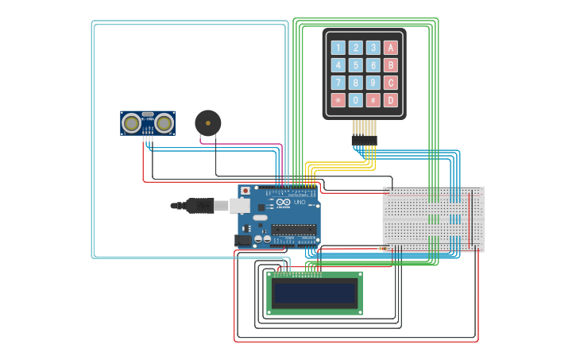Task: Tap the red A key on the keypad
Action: [390, 48]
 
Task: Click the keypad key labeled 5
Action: [356, 65]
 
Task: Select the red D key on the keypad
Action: [390, 100]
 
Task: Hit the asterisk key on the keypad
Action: [338, 100]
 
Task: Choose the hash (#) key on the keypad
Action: [373, 100]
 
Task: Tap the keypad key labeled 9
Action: [373, 83]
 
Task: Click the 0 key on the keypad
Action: [356, 100]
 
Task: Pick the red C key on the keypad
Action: [390, 83]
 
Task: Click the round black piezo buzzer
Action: [208, 123]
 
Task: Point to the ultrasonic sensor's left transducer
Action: [131, 123]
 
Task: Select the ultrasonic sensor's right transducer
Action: [164, 123]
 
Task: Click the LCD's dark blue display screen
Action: [314, 292]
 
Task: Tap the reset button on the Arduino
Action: [245, 192]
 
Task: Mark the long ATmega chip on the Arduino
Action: [293, 230]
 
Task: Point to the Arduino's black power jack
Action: [243, 239]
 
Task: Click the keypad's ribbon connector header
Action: [364, 141]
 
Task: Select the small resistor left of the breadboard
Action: [385, 249]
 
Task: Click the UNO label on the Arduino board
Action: [300, 203]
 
